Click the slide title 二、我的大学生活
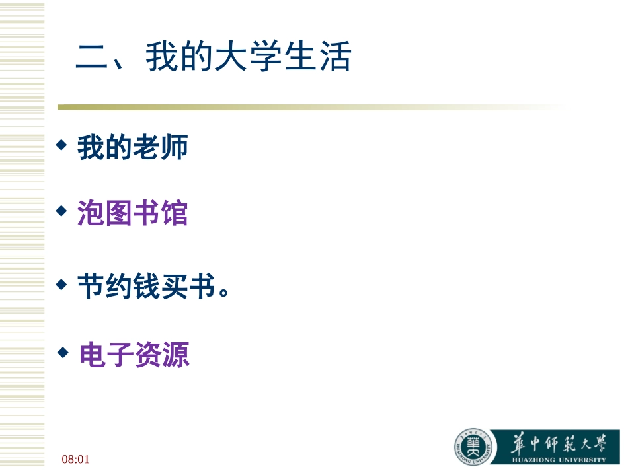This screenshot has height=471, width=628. (x=213, y=57)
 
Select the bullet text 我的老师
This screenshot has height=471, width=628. (x=133, y=147)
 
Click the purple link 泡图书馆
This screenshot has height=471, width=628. (x=133, y=214)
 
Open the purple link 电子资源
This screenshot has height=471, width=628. (x=134, y=355)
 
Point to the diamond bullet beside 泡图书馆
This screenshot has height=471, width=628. (x=61, y=211)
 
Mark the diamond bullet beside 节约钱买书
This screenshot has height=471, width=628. (x=61, y=284)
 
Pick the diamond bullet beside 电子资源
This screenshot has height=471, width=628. (x=63, y=352)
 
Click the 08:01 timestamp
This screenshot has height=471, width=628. (x=75, y=458)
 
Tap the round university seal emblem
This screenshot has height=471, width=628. (x=473, y=447)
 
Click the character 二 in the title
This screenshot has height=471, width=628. (x=92, y=58)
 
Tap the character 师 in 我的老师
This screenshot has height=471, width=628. (x=175, y=147)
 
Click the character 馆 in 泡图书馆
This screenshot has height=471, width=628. (x=175, y=214)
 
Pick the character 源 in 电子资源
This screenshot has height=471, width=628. (x=176, y=355)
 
